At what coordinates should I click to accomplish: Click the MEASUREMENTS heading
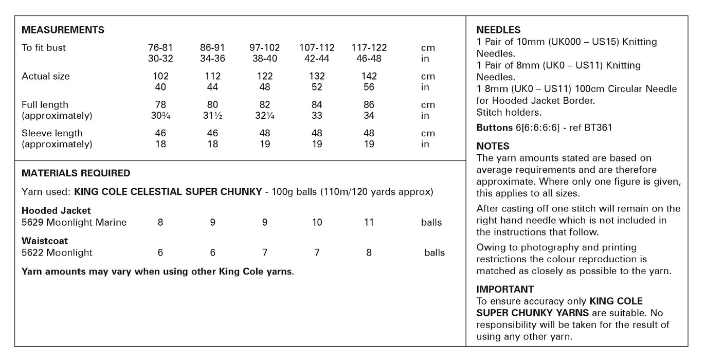tap(63, 30)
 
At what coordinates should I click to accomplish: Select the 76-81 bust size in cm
tap(160, 48)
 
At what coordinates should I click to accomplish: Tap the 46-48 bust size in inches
tap(369, 59)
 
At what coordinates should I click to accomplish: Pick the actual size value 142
tap(369, 76)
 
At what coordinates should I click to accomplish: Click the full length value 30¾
tap(160, 116)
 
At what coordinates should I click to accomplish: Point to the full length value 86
tap(369, 105)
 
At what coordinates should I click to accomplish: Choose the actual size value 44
tap(212, 87)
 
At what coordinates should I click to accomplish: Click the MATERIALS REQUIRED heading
tap(76, 173)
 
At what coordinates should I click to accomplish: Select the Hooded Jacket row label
tap(56, 210)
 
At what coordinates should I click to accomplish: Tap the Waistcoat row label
tap(45, 241)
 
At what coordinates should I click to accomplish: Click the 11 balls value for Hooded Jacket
tap(369, 223)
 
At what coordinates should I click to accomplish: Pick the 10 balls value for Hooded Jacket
tap(317, 223)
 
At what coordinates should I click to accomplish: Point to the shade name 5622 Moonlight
tap(57, 253)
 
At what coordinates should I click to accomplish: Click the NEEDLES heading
tap(498, 30)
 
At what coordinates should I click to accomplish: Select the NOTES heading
tap(493, 146)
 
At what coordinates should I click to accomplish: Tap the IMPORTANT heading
tap(505, 289)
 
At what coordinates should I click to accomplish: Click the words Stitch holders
tap(509, 113)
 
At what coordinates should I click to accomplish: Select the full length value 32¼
tap(264, 116)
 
